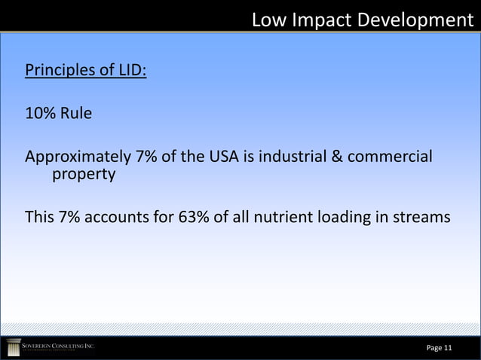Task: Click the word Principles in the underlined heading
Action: coord(61,72)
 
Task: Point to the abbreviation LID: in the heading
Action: coord(131,72)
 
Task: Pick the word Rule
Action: coord(76,114)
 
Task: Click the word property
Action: coord(83,175)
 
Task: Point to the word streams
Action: coord(422,218)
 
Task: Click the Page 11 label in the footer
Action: coord(439,348)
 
